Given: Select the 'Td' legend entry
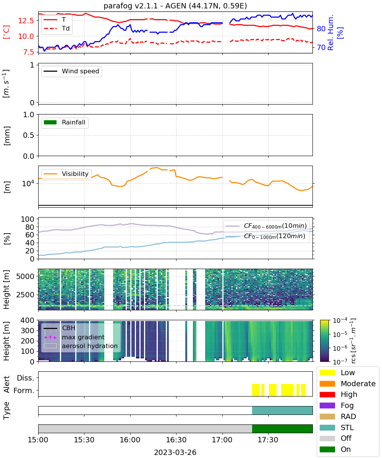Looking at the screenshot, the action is [x=57, y=28].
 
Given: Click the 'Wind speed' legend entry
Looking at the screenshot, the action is [x=71, y=71].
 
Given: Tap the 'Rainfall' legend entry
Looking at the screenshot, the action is [x=64, y=122].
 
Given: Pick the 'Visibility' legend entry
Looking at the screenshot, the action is [x=66, y=174].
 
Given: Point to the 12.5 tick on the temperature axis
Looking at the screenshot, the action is [x=26, y=21].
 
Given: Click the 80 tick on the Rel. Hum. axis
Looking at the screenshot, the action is [x=321, y=29].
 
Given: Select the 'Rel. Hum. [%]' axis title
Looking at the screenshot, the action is [x=335, y=33].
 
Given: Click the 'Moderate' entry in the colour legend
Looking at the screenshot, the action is [x=348, y=384].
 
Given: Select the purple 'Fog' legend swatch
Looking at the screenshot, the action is [x=327, y=405].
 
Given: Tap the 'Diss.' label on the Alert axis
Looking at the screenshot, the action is [x=26, y=378].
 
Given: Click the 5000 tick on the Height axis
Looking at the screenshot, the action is [x=25, y=276].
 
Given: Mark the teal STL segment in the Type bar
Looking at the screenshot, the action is [x=282, y=410].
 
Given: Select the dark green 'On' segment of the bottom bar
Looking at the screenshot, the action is [x=282, y=429].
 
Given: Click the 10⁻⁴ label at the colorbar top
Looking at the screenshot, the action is [x=340, y=321].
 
